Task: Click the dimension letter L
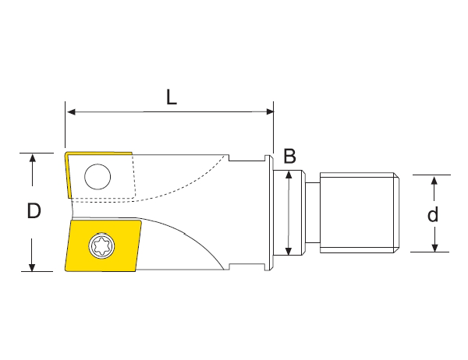(x=171, y=97)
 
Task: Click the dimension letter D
(x=33, y=210)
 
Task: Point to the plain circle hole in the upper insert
(x=98, y=178)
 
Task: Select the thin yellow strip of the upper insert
(x=69, y=176)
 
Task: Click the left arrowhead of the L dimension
(x=70, y=112)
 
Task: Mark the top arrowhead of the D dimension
(x=32, y=158)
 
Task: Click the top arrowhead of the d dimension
(x=435, y=180)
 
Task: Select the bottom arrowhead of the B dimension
(x=289, y=250)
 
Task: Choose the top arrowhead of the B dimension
(x=289, y=175)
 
